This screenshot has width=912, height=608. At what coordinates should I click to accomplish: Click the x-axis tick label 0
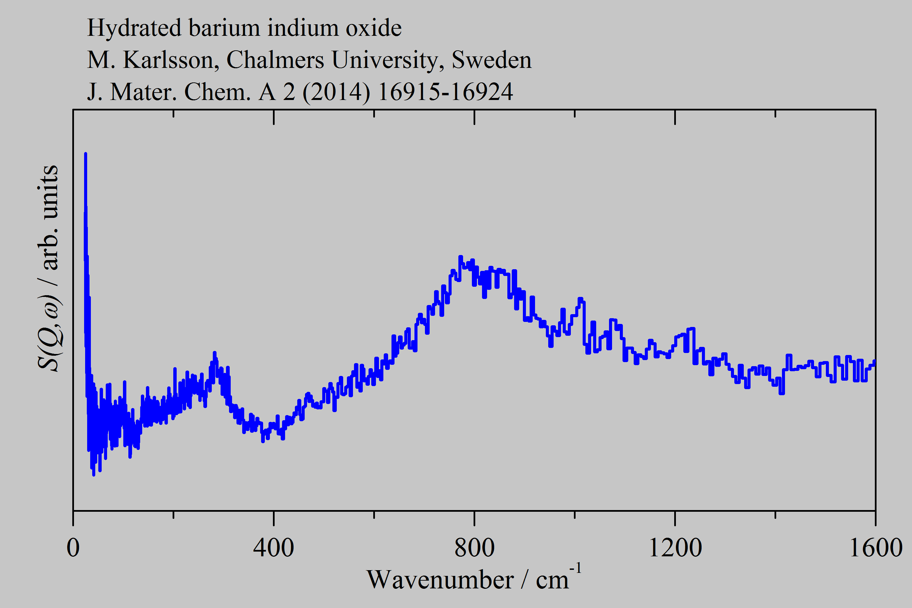[x=73, y=548]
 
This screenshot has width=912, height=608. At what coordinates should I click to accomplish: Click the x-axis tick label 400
[x=273, y=548]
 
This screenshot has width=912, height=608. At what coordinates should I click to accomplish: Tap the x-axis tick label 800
[x=474, y=548]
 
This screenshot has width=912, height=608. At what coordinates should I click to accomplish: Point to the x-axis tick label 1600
[x=876, y=548]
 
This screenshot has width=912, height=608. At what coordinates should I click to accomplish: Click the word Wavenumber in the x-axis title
[x=440, y=580]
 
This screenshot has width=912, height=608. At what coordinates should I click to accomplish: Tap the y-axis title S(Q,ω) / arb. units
[x=48, y=268]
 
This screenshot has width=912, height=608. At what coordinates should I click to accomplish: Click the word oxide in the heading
[x=373, y=28]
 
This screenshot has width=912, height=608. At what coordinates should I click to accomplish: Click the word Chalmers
[x=275, y=60]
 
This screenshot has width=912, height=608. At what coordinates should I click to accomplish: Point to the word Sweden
[x=492, y=60]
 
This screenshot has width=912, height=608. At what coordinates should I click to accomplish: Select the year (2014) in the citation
[x=336, y=93]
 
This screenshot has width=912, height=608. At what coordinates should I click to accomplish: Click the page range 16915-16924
[x=445, y=92]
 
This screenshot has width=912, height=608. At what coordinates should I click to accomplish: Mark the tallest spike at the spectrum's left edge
[x=85, y=154]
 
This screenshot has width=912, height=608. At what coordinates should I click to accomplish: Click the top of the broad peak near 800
[x=461, y=257]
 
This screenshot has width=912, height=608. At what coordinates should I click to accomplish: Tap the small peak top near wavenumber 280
[x=214, y=353]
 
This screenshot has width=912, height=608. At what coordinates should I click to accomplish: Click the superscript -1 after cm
[x=576, y=568]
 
